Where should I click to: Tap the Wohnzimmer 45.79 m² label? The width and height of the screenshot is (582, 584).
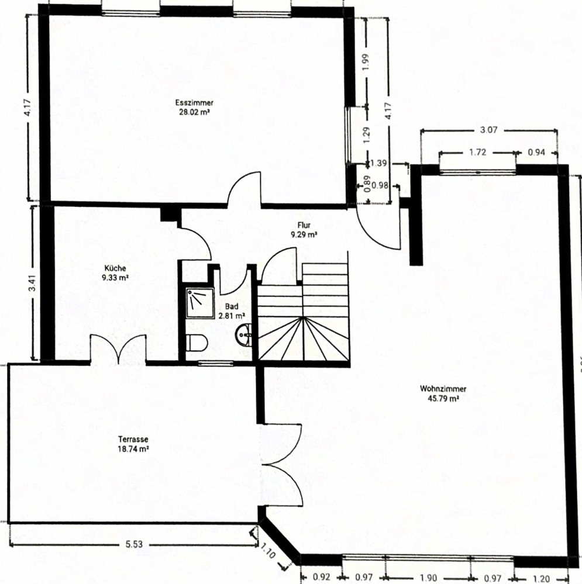pyautogui.click(x=443, y=393)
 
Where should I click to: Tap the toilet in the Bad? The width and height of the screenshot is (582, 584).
pyautogui.click(x=197, y=343)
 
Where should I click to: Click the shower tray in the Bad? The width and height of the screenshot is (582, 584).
pyautogui.click(x=200, y=303)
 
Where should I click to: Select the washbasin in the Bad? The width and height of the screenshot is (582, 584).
pyautogui.click(x=244, y=334)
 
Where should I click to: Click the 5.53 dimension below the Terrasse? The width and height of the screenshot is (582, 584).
pyautogui.click(x=134, y=544)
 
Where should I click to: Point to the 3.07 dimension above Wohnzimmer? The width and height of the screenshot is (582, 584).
pyautogui.click(x=489, y=130)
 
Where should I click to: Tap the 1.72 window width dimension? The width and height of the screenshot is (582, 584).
pyautogui.click(x=478, y=152)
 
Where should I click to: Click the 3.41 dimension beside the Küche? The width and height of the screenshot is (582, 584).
pyautogui.click(x=33, y=283)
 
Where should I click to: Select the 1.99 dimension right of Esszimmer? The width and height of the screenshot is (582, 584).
pyautogui.click(x=366, y=62)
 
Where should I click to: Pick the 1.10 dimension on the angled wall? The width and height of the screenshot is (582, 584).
pyautogui.click(x=268, y=551)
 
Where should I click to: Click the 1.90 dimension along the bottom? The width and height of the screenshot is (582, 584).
pyautogui.click(x=429, y=578)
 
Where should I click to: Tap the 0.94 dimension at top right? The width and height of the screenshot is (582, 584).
pyautogui.click(x=536, y=152)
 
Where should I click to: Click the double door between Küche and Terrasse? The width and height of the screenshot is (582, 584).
pyautogui.click(x=118, y=349)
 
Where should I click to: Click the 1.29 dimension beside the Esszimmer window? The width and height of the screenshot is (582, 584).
pyautogui.click(x=366, y=135)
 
